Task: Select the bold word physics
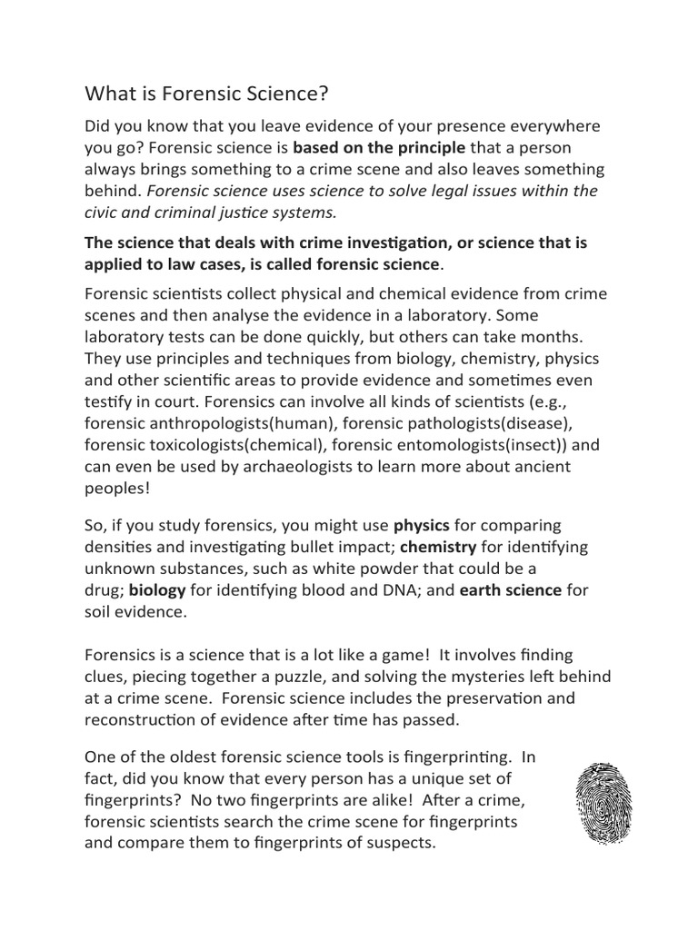point(421,525)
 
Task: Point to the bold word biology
point(157,590)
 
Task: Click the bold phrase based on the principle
point(379,147)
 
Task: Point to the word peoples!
point(117,489)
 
